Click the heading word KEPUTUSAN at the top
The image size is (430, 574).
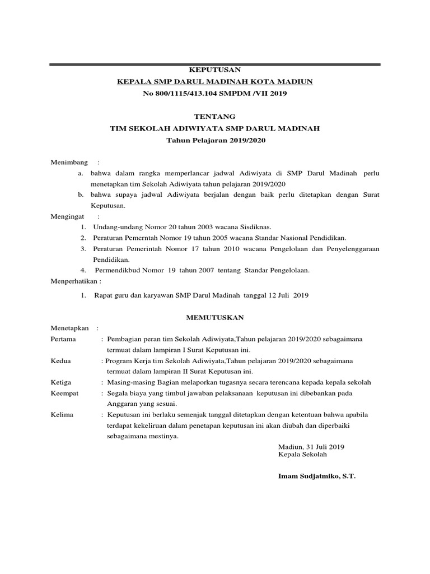click(x=214, y=70)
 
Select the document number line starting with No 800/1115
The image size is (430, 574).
click(x=214, y=94)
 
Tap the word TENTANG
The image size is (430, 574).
click(x=214, y=117)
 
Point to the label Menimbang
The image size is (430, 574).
click(x=70, y=162)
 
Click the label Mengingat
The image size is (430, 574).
click(x=69, y=216)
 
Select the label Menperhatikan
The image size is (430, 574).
click(x=76, y=280)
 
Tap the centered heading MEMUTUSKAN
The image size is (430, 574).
click(x=214, y=317)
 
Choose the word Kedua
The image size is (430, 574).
click(x=61, y=361)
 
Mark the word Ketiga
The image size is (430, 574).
click(x=62, y=382)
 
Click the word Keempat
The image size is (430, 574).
click(x=64, y=394)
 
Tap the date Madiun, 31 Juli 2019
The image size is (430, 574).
click(x=311, y=447)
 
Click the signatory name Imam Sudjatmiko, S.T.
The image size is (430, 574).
click(x=316, y=476)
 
